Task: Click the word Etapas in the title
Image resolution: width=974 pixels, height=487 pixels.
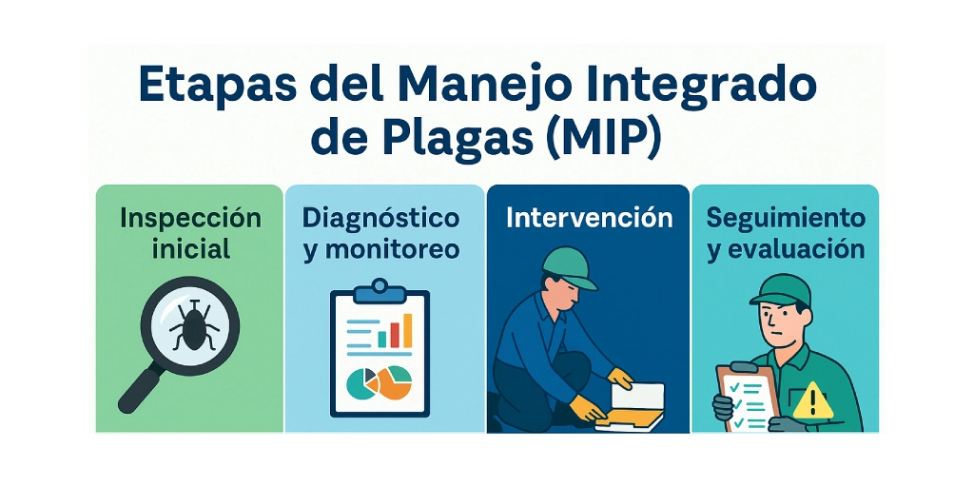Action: click(218, 85)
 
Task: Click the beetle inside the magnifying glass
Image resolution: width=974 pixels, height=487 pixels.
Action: click(194, 326)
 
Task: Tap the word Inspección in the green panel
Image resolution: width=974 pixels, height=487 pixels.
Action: click(190, 220)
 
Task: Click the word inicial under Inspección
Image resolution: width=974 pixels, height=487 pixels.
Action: click(191, 250)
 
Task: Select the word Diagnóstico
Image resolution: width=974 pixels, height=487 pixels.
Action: click(381, 219)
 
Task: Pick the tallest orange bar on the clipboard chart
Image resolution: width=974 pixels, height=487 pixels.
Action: click(407, 330)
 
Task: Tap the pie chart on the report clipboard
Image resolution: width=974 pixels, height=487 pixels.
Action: click(380, 382)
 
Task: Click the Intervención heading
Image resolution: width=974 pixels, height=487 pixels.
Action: click(589, 219)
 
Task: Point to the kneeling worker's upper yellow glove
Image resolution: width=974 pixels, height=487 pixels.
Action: click(620, 378)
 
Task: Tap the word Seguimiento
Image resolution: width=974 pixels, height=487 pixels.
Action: click(786, 219)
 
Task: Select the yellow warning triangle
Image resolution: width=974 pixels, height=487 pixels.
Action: click(812, 402)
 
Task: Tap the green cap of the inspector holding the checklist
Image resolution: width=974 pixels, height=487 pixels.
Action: click(781, 289)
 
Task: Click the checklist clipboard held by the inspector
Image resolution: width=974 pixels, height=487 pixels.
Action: click(748, 397)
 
